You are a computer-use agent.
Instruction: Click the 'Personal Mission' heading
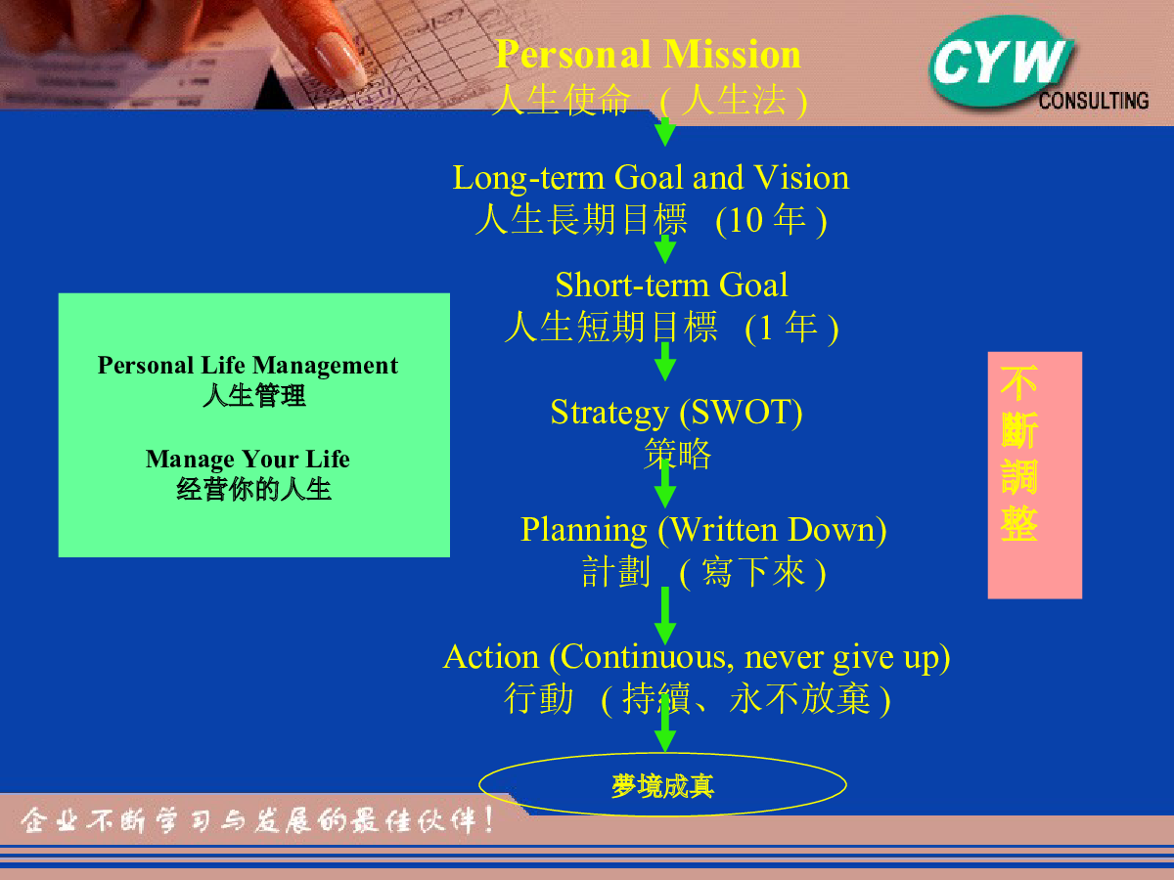(649, 54)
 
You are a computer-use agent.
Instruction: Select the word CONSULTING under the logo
(1093, 101)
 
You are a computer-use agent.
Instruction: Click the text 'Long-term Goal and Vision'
(651, 177)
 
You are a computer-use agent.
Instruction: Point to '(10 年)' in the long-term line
(771, 220)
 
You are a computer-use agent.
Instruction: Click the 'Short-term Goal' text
(671, 285)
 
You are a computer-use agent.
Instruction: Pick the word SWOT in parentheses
(741, 412)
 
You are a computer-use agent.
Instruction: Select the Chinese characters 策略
(677, 454)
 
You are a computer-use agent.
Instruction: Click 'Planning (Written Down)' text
(703, 530)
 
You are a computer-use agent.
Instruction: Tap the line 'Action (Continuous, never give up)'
(697, 657)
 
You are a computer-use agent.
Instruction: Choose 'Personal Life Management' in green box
(248, 366)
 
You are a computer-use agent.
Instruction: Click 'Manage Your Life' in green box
(248, 460)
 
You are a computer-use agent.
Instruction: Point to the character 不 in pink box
(1018, 382)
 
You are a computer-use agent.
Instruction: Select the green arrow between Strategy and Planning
(665, 484)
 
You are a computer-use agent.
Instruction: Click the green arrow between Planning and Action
(665, 615)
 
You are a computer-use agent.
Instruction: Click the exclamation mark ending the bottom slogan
(488, 820)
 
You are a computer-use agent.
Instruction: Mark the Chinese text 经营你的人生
(253, 489)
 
